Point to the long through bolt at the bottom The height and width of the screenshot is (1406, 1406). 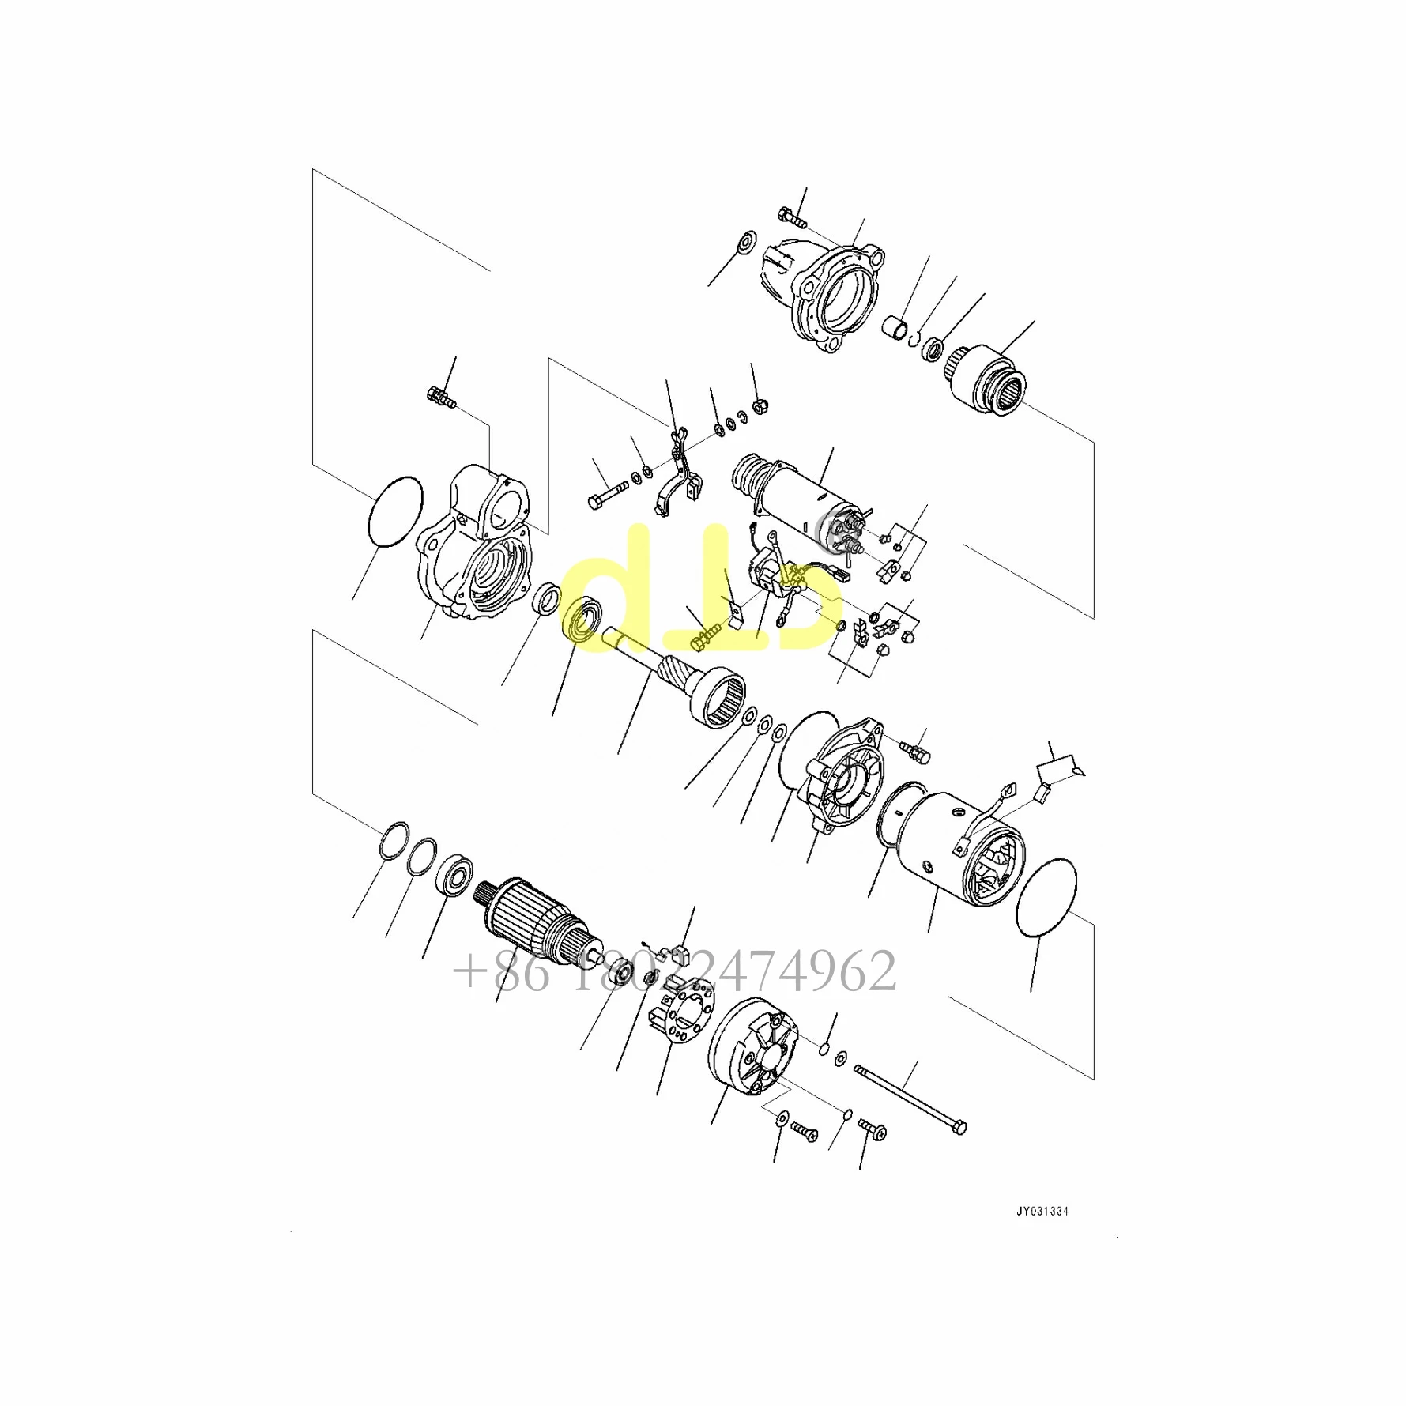[x=910, y=1099]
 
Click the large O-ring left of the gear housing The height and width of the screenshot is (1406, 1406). [x=395, y=511]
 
